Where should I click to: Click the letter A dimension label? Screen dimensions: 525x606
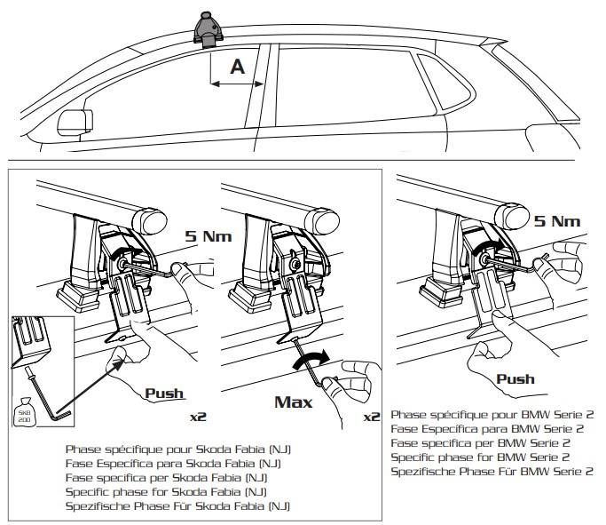tap(236, 66)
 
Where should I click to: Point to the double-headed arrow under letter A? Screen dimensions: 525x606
tap(238, 85)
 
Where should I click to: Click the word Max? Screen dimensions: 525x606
tap(293, 402)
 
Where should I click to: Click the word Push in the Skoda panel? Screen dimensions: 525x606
tap(164, 393)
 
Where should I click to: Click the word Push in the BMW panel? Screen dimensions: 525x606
tap(515, 379)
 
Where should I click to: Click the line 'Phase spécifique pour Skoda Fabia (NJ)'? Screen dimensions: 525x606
tap(177, 449)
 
